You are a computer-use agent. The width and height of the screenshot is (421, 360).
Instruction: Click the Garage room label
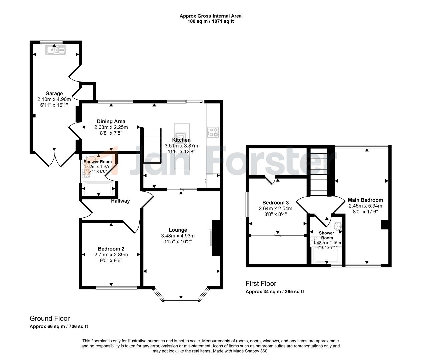click(x=54, y=93)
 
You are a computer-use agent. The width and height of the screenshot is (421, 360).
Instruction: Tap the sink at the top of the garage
click(x=56, y=50)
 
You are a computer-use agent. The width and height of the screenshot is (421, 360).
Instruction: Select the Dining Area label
click(x=111, y=121)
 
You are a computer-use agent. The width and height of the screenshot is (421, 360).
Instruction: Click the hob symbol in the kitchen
click(x=213, y=132)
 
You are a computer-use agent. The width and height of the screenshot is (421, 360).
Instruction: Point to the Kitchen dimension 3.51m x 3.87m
click(x=181, y=146)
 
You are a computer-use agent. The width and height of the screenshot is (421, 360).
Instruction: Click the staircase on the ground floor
click(x=152, y=145)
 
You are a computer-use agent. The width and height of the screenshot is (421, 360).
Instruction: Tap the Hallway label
click(x=120, y=201)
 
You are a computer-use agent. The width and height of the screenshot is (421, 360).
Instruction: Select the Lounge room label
click(x=178, y=230)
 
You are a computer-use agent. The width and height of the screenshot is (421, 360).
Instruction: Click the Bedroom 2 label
click(x=111, y=249)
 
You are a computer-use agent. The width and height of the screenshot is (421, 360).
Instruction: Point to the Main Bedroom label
click(x=365, y=200)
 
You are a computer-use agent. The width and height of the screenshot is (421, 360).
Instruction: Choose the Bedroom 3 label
click(x=275, y=202)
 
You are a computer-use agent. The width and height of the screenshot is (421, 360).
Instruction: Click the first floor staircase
click(x=318, y=172)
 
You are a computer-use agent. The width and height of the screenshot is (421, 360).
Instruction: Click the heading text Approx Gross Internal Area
click(x=210, y=16)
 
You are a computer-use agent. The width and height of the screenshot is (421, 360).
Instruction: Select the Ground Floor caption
click(x=50, y=318)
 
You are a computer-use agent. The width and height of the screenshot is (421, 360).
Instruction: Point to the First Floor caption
click(x=261, y=283)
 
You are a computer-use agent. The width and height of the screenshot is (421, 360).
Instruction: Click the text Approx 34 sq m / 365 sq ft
click(x=275, y=292)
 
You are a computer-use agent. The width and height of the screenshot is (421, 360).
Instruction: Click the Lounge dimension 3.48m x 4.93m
click(x=178, y=236)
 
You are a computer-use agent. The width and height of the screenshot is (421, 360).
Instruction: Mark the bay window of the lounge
click(x=181, y=300)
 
